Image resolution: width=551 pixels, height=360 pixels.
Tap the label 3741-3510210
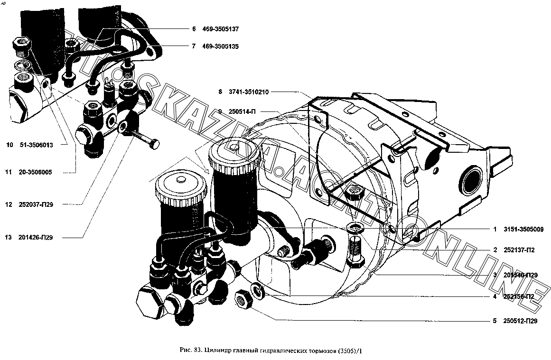250,92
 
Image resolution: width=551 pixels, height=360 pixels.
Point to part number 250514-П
243,111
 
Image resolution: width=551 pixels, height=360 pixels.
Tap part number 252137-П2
521,250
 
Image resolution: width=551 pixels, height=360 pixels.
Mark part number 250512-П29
521,321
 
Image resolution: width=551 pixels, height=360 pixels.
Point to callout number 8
220,92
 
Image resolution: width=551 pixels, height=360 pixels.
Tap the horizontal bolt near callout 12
145,139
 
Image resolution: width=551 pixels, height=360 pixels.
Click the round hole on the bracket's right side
472,180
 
